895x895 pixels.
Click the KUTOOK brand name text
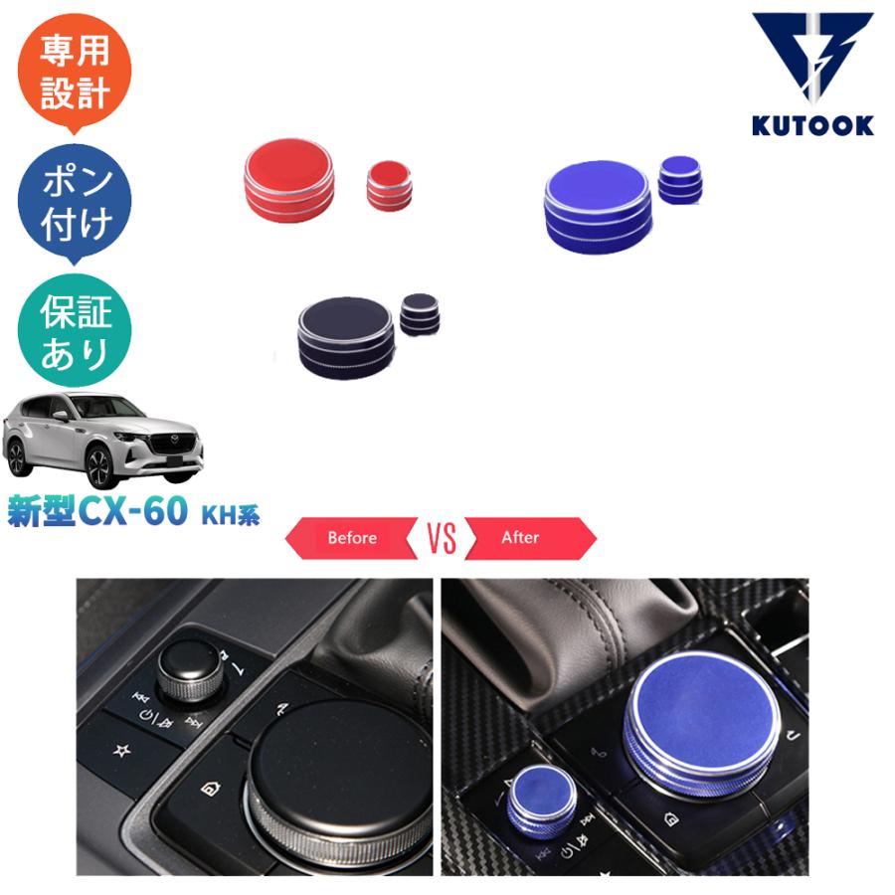tap(813, 125)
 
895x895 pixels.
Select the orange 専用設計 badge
tap(75, 75)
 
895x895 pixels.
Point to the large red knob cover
tap(289, 179)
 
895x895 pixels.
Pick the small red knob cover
tap(389, 184)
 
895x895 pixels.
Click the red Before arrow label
tap(351, 538)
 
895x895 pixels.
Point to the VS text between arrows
tap(442, 538)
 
